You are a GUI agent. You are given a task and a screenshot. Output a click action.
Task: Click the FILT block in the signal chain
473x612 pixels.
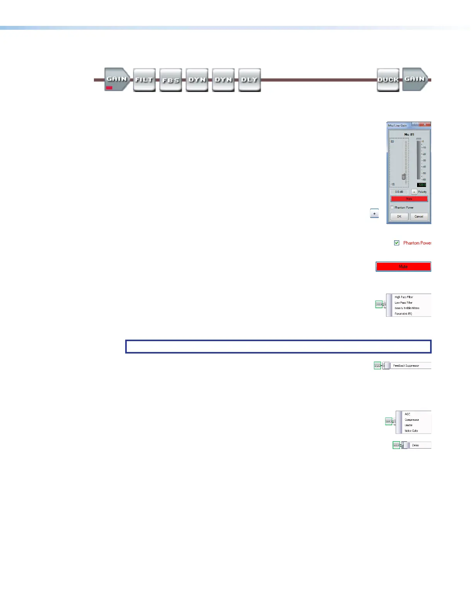[x=144, y=80]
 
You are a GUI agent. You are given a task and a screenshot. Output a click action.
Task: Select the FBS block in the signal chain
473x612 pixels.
[x=170, y=80]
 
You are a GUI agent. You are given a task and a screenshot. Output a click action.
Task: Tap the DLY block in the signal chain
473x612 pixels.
[x=249, y=80]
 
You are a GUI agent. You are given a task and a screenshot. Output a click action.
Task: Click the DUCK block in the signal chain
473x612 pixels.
[x=388, y=80]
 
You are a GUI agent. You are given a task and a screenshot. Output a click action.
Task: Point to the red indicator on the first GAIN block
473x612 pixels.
[x=109, y=88]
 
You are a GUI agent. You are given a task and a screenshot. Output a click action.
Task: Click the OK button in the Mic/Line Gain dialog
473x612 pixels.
[x=399, y=216]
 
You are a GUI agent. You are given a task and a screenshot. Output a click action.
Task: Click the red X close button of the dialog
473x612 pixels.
[x=425, y=125]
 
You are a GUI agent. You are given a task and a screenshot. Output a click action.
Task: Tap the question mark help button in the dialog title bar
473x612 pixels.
[x=415, y=125]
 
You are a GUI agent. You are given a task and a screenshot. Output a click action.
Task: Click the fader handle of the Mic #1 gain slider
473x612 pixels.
[x=403, y=176]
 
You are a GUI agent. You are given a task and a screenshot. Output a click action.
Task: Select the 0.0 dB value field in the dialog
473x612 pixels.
[x=399, y=192]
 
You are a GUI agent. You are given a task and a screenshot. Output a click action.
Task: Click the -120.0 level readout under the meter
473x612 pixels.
[x=421, y=185]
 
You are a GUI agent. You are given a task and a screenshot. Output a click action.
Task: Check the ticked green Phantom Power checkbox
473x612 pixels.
[x=396, y=243]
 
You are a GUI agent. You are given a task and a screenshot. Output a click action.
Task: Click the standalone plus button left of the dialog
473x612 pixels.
[x=374, y=213]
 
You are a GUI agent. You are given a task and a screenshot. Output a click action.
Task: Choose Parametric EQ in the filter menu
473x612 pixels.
[x=403, y=314]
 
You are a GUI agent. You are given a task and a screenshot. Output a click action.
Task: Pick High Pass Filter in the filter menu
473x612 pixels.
[x=404, y=297]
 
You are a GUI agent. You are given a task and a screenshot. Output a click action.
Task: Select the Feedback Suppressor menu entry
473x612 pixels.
[x=406, y=365]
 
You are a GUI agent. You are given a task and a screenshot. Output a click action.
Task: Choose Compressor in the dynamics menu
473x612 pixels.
[x=412, y=420]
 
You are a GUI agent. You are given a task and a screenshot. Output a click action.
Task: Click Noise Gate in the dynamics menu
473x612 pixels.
[x=411, y=431]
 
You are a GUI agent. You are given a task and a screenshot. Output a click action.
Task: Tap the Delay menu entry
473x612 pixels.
[x=415, y=445]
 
